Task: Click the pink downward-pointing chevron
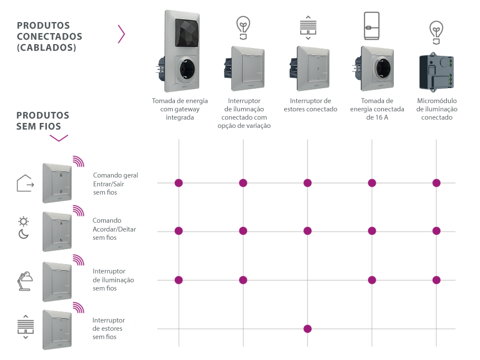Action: pos(59,137)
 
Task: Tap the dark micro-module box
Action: pos(437,72)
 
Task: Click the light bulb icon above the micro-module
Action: pos(436,30)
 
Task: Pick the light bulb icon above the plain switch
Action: pos(243,26)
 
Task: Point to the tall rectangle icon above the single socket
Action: pos(372,25)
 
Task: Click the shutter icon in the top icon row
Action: pos(307,26)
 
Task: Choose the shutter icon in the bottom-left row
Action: pos(25,326)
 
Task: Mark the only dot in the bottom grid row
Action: pos(307,329)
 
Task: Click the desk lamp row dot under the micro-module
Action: pos(436,280)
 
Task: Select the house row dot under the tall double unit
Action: pos(178,183)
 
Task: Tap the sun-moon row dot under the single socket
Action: pos(372,230)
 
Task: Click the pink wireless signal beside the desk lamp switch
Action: pos(79,260)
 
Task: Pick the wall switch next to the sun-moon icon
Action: pos(56,231)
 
